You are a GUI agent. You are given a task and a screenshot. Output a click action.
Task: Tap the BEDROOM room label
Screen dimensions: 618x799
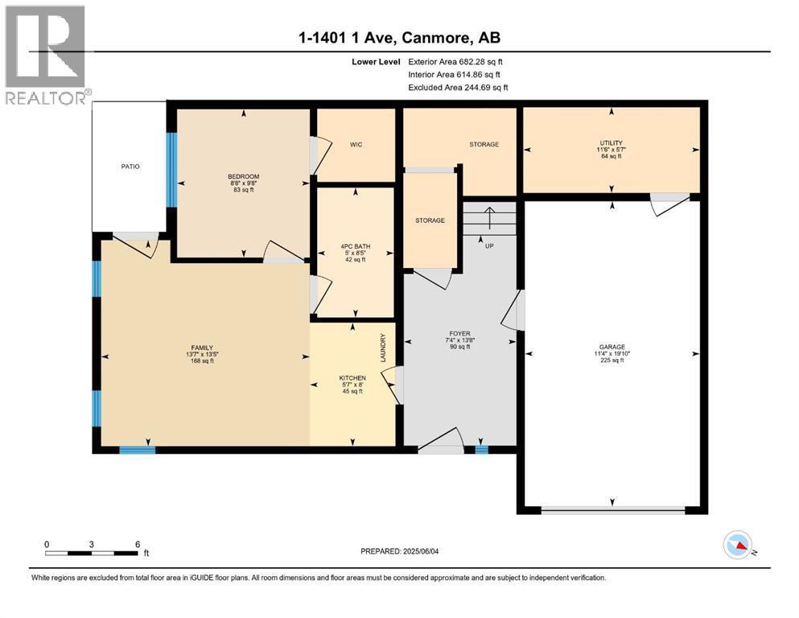(243, 176)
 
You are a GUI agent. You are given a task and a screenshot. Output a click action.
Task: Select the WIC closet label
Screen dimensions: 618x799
(356, 145)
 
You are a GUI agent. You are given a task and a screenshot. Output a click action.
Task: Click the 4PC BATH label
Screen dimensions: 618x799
(352, 245)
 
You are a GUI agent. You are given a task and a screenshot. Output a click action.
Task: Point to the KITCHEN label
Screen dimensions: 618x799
(352, 378)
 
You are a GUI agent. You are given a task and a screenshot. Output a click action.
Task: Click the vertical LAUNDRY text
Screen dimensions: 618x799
(384, 348)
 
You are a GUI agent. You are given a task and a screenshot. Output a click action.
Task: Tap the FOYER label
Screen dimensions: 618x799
(459, 333)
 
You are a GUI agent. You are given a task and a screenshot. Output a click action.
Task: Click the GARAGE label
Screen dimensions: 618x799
(612, 347)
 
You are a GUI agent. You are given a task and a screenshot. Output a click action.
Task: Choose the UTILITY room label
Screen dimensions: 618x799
(612, 142)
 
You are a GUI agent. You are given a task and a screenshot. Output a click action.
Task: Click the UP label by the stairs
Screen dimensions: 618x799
(488, 245)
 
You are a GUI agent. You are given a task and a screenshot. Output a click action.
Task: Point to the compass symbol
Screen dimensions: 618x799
(738, 546)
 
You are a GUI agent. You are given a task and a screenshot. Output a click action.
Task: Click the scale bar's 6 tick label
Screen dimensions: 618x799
(138, 543)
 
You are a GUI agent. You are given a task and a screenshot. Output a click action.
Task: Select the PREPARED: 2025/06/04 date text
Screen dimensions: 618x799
(400, 551)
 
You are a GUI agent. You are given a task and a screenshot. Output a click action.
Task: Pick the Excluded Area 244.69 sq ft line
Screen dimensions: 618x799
(458, 87)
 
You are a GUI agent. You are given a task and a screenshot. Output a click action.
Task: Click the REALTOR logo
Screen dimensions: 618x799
(46, 56)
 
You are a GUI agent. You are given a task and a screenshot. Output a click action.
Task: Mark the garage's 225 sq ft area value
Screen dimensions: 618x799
(612, 360)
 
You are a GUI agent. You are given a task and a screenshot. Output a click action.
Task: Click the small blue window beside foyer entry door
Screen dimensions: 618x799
(481, 450)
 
